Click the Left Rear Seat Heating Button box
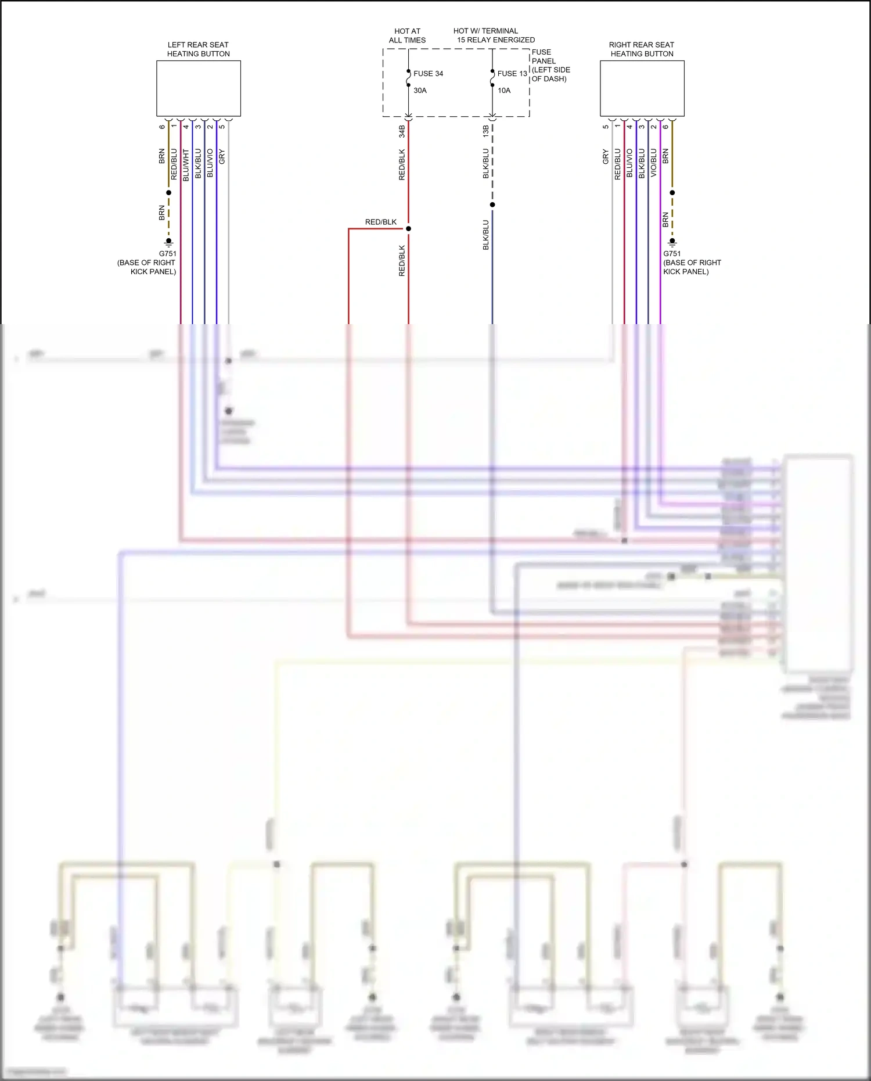point(199,88)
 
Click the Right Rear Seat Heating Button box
point(642,88)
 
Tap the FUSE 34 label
point(428,74)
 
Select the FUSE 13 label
point(512,74)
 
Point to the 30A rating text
point(420,91)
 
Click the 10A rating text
point(504,91)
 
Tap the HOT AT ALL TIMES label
point(407,35)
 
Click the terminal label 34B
point(402,131)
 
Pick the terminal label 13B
point(486,131)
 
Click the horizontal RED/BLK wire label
point(381,222)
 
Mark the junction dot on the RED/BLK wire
point(408,229)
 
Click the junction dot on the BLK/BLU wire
point(492,204)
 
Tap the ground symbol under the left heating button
point(168,242)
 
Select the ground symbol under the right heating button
point(672,242)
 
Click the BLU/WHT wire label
point(186,165)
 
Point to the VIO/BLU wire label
point(654,163)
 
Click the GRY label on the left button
point(222,156)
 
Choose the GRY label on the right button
point(606,156)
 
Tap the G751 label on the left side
point(167,254)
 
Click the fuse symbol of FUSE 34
point(408,78)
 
